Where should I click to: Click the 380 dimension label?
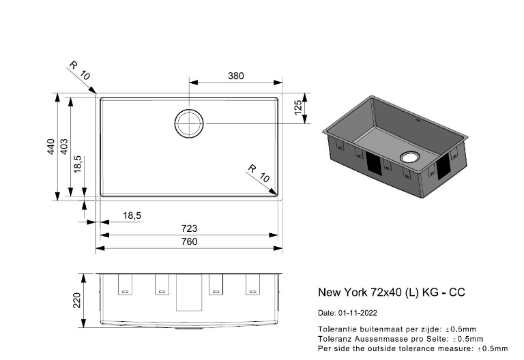[x=236, y=76]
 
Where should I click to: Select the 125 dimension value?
[x=298, y=108]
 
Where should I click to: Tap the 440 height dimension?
[x=50, y=147]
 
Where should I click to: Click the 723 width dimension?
[x=189, y=228]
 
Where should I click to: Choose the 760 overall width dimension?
[x=189, y=241]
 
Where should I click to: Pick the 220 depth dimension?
[x=77, y=300]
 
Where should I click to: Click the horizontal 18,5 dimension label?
[x=132, y=215]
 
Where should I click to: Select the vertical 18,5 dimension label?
[x=78, y=164]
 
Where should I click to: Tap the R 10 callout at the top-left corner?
[x=80, y=70]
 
